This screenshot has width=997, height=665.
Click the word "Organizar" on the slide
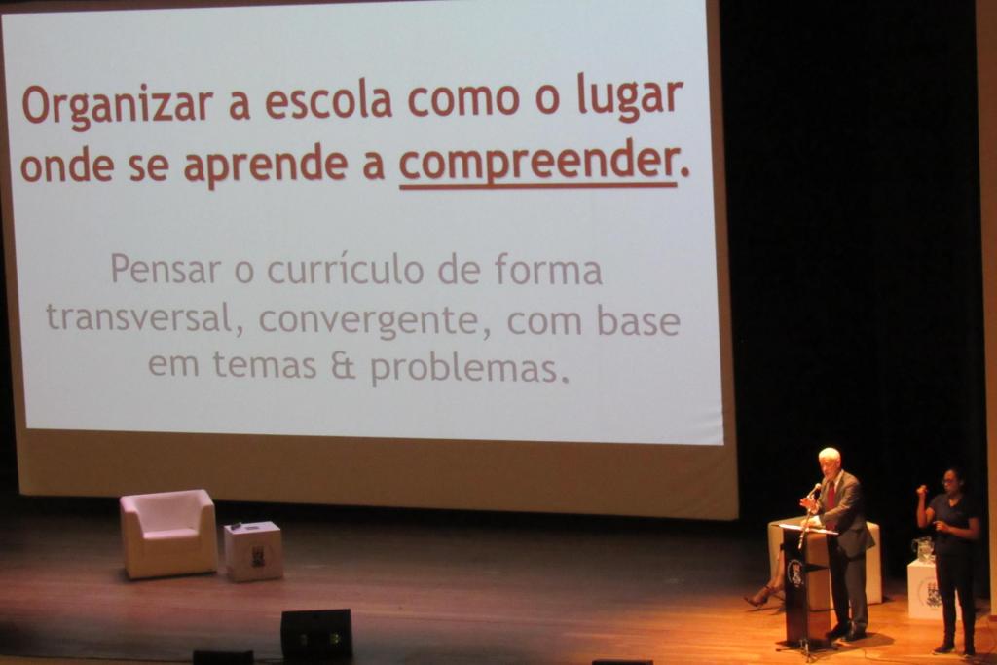click(117, 104)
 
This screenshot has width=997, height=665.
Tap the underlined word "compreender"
click(537, 164)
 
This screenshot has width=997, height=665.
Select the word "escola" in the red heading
click(327, 100)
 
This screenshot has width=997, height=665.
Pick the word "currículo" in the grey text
click(346, 269)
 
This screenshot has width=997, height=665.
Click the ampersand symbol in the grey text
click(344, 366)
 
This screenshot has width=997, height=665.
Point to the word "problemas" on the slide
click(469, 368)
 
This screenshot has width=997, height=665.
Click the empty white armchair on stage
click(168, 534)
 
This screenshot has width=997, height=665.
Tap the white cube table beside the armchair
click(253, 550)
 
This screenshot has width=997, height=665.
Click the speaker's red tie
click(831, 496)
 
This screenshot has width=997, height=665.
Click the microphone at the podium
click(813, 490)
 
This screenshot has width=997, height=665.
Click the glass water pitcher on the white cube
click(924, 549)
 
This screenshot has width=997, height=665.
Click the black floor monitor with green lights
click(316, 634)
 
